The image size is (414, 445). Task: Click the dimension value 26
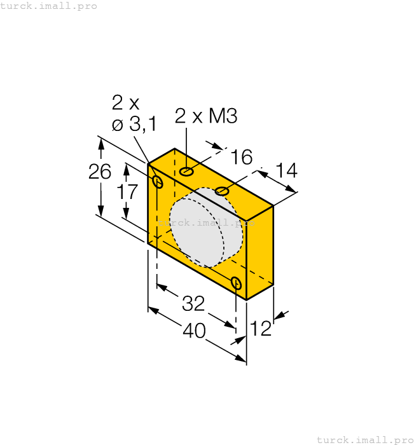tap(100, 172)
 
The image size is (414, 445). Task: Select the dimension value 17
tap(127, 191)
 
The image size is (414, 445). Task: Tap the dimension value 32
tap(193, 304)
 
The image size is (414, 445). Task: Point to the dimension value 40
tap(195, 331)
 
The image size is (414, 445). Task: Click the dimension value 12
tap(261, 329)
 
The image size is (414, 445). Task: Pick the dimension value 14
tap(286, 170)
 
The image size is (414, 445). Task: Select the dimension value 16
tap(242, 157)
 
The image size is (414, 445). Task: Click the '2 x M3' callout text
tap(205, 116)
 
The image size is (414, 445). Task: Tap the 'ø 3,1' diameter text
tap(134, 124)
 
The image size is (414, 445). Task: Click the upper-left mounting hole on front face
tap(158, 183)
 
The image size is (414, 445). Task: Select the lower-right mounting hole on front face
tap(237, 283)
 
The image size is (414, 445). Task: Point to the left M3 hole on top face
tap(186, 171)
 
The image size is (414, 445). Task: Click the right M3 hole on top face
tap(222, 191)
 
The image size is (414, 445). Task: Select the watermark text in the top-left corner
tap(49, 6)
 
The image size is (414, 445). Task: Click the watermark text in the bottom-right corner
tap(364, 439)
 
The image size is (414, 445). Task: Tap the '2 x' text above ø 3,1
tap(125, 102)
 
